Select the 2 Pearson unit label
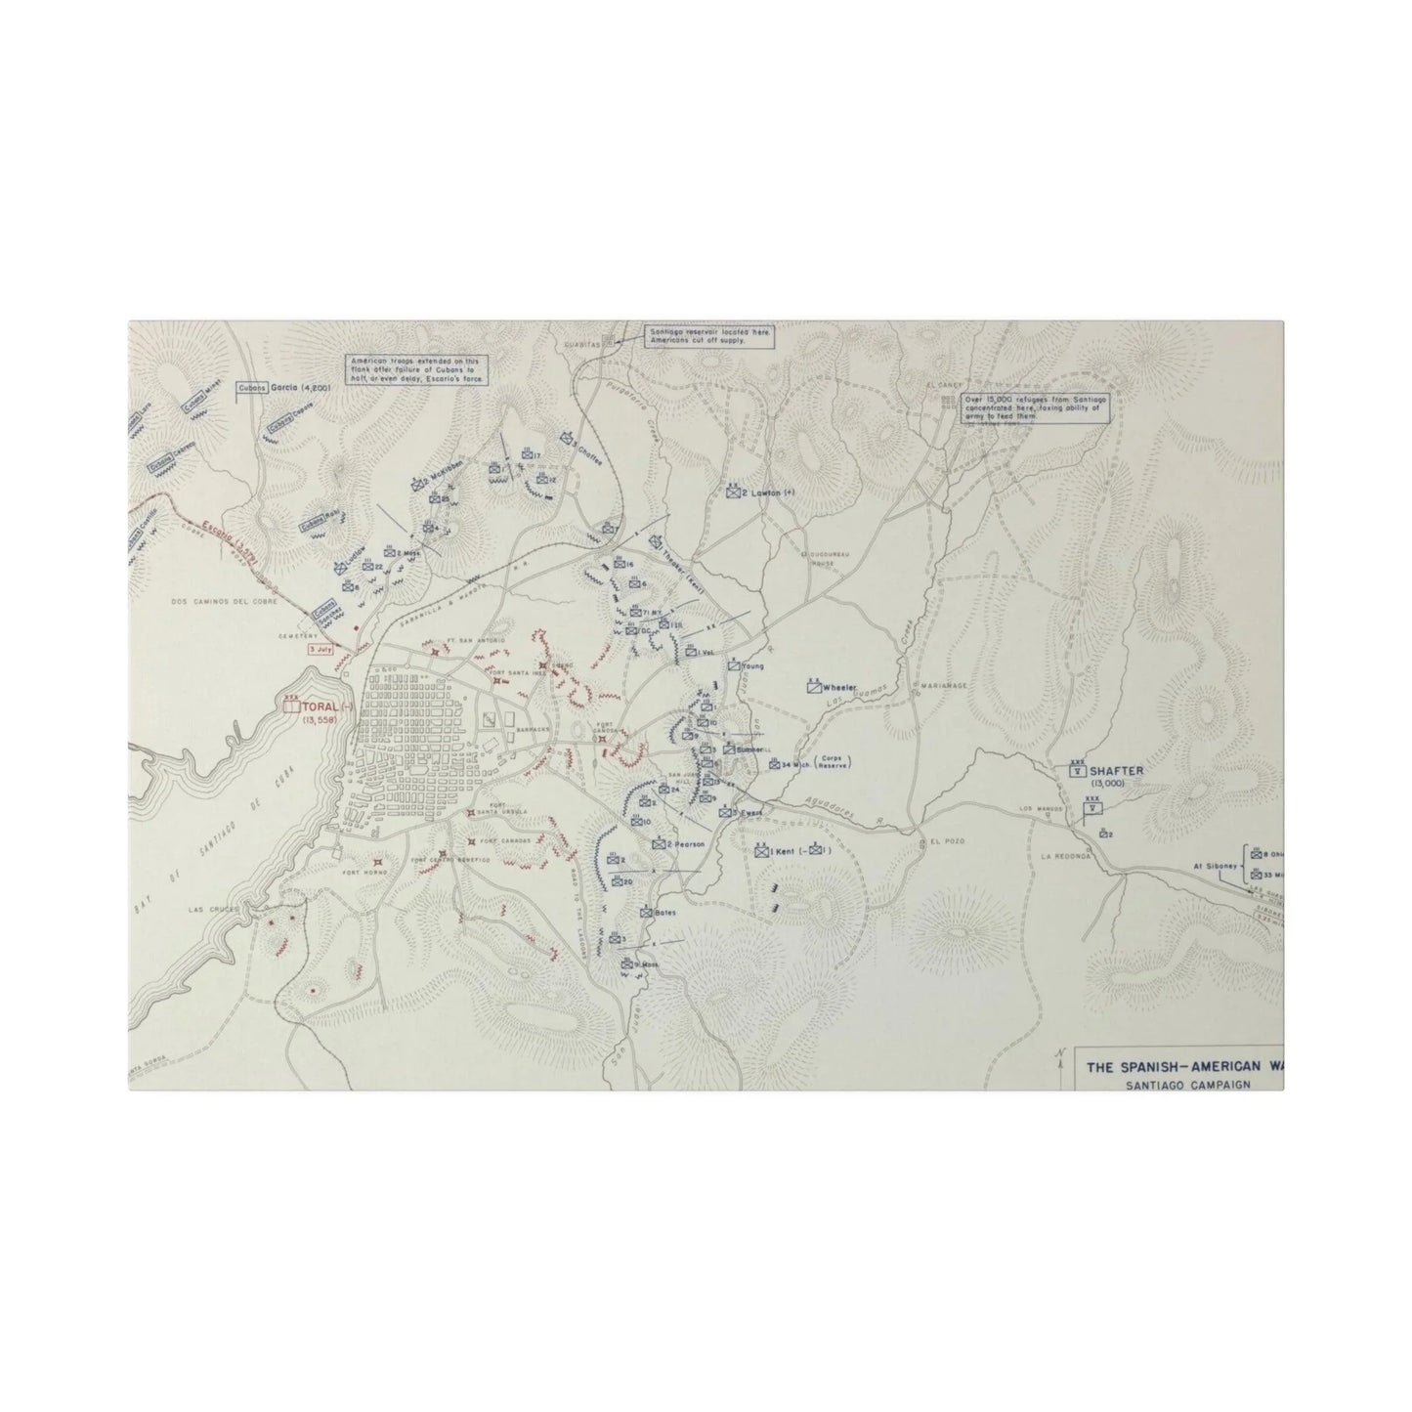pos(685,843)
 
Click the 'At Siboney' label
pos(1209,865)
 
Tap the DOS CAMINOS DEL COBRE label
pos(225,602)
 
